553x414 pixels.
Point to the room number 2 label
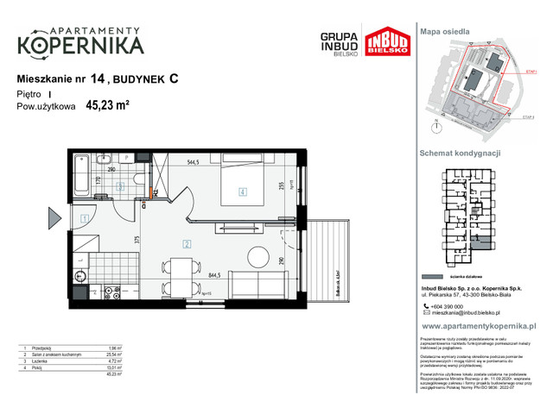pos(186,244)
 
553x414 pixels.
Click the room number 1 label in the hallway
pos(85,219)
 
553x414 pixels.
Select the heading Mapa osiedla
pos(445,30)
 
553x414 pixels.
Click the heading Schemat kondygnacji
pos(461,152)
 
